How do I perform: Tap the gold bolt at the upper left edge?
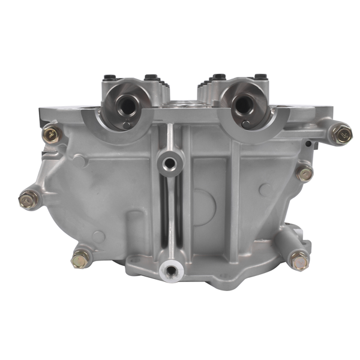(x=51, y=134)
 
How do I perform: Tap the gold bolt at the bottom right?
(x=298, y=261)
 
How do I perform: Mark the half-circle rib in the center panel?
(x=201, y=201)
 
